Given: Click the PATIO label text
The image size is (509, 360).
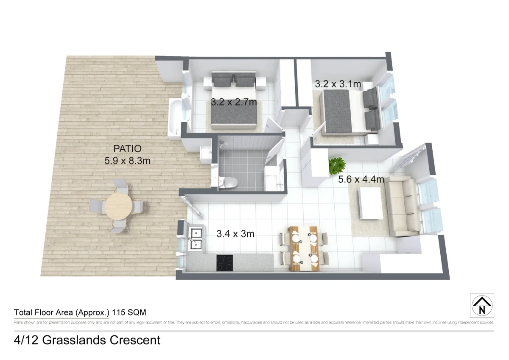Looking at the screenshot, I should coord(127,149).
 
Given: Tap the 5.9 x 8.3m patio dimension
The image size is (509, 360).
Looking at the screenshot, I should coord(128,161).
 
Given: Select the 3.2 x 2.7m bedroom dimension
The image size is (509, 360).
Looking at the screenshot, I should coord(234,102).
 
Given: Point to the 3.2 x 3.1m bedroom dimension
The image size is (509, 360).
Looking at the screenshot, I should coord(338,84).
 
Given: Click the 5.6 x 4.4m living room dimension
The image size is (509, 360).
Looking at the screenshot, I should coord(361,179).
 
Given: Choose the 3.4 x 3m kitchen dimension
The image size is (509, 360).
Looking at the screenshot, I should coord(235,233).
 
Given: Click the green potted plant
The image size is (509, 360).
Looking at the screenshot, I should coord(337,165).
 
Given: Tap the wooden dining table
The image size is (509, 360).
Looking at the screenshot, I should coord(304,248).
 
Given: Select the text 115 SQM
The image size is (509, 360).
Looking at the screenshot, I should coord(129,313).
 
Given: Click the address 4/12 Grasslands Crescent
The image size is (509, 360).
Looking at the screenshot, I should coord(87,340).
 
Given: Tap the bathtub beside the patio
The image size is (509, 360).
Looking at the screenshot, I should coord(175,119).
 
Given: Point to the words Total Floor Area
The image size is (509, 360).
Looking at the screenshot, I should coord(44,313).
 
